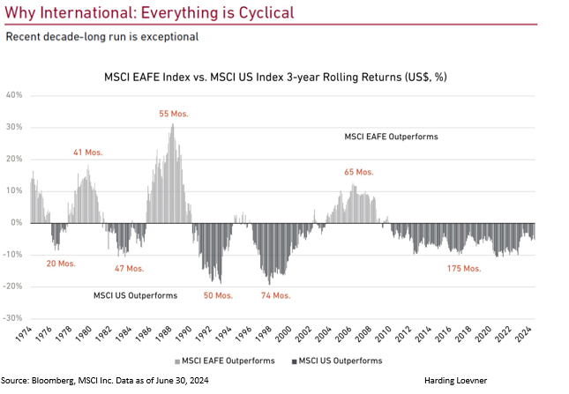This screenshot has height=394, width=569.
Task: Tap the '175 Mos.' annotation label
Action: coord(463,268)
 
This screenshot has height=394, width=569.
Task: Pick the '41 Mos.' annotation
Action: coord(88,152)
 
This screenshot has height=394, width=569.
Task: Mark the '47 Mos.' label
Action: coord(129,268)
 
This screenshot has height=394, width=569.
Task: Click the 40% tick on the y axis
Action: coord(15,95)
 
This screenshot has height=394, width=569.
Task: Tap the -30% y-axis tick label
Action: coord(13,317)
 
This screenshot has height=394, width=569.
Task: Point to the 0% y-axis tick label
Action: coord(18,222)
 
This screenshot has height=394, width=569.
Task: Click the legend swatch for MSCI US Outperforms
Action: coord(293,361)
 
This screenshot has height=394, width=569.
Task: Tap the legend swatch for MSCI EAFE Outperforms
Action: coord(178,361)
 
